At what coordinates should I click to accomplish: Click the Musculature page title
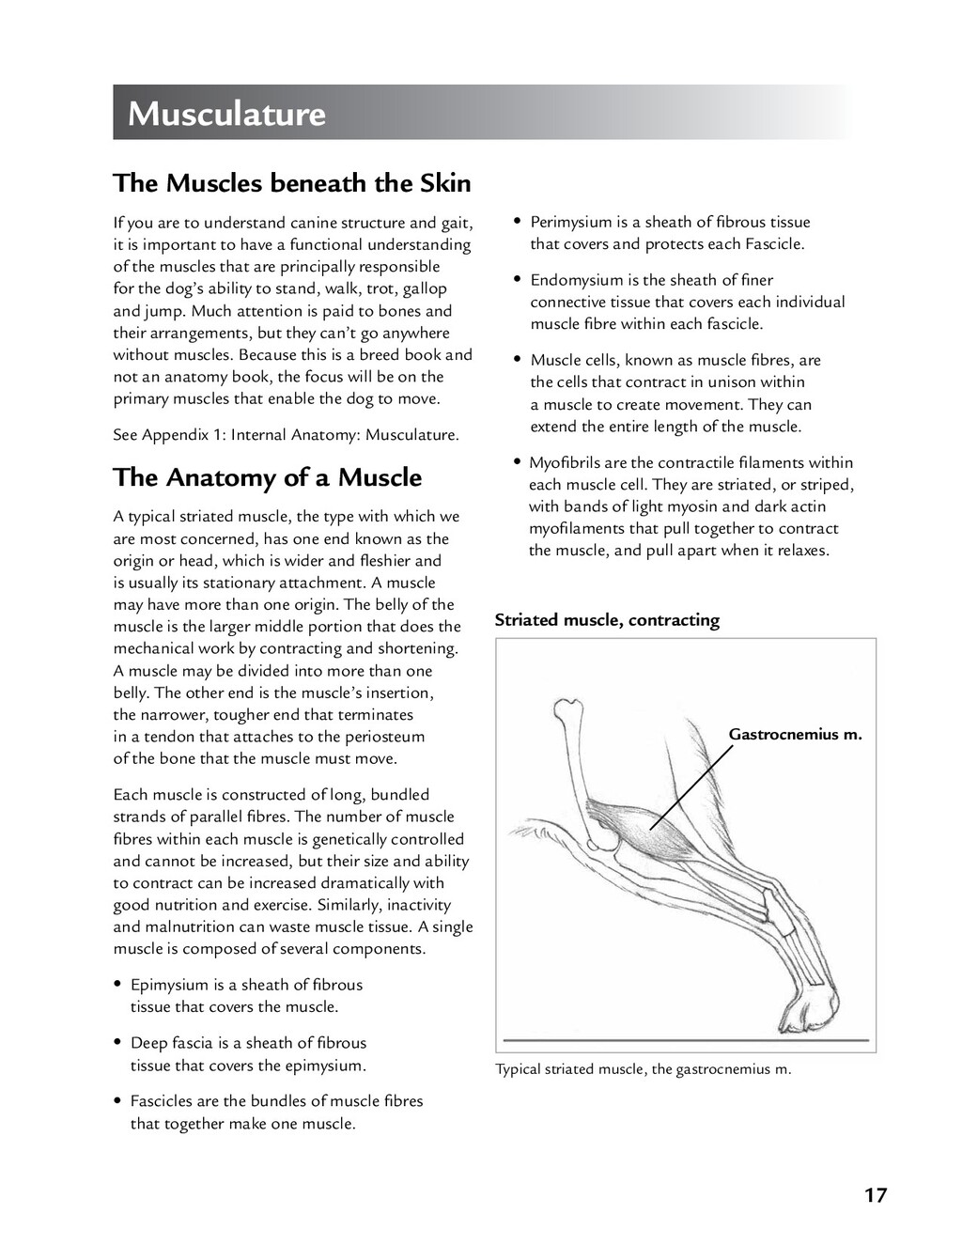pos(226,114)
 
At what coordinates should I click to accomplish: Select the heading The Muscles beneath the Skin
pos(291,182)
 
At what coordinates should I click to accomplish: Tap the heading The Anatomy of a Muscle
pos(267,477)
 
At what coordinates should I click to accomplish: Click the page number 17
pos(875,1195)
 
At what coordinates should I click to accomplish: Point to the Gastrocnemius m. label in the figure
pos(795,734)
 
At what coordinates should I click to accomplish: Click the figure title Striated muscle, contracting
pos(607,620)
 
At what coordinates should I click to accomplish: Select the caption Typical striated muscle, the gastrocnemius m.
pos(643,1068)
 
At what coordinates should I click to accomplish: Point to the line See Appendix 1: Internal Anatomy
pos(286,435)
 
